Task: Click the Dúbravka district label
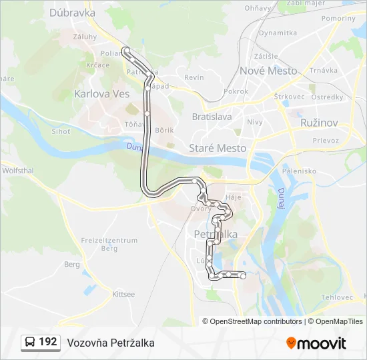pos(72,12)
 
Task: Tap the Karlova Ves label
pos(102,93)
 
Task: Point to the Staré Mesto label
pos(218,148)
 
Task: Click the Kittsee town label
pos(123,293)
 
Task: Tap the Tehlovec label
pos(336,297)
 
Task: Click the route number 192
pos(48,342)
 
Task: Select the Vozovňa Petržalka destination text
pos(111,343)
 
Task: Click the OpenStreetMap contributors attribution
pos(256,321)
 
